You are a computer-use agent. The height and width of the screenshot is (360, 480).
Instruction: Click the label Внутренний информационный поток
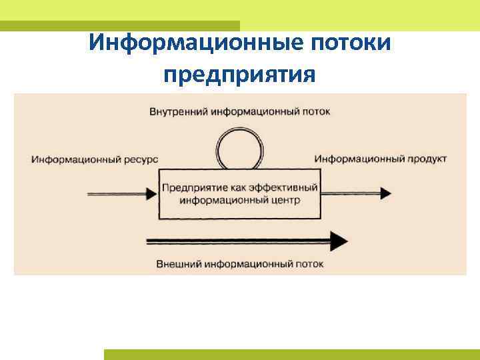coord(239,111)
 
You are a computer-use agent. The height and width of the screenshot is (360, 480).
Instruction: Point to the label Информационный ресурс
coord(94,159)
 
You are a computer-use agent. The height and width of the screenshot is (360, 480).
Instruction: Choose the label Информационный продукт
coord(381,159)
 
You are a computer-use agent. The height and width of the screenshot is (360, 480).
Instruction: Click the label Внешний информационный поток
coord(239,264)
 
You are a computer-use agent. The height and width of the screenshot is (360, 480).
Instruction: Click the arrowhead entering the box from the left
coord(151,193)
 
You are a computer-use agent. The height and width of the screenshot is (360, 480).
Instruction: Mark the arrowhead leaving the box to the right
coord(384,193)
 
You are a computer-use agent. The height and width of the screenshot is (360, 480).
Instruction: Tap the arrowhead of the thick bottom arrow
coord(339,240)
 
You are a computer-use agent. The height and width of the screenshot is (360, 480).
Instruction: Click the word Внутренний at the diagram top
coord(179,111)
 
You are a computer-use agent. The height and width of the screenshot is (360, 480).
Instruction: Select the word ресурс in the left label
coord(141,159)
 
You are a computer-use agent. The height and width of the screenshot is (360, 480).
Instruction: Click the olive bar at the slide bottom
coord(291,355)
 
